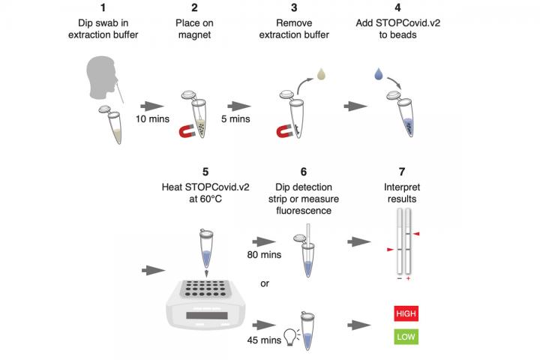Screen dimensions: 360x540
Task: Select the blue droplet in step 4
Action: pos(378,75)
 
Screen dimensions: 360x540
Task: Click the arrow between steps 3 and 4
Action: pos(352,107)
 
